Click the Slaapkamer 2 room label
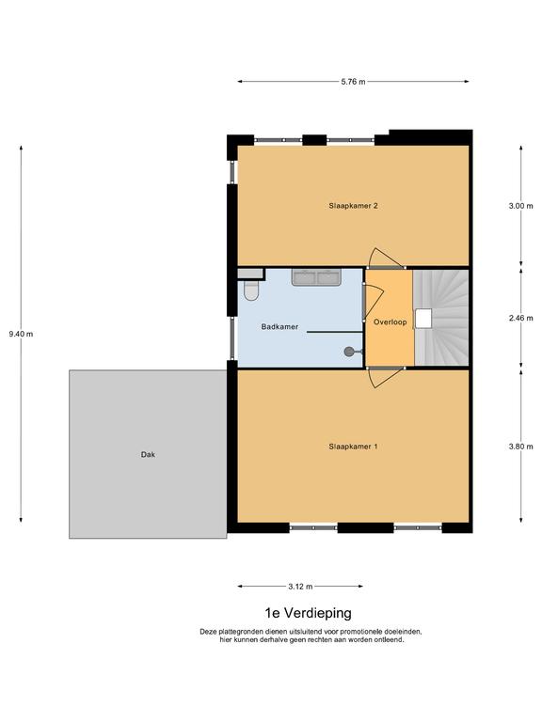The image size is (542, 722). click(x=353, y=206)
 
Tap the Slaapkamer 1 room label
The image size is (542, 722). click(x=353, y=447)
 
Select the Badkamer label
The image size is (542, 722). click(x=279, y=327)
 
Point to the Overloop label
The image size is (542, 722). click(x=390, y=322)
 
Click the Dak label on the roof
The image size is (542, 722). click(x=148, y=454)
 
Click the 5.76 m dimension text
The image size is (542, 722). click(x=353, y=82)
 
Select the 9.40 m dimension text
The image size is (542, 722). click(x=21, y=334)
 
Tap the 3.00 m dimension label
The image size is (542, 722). click(x=520, y=206)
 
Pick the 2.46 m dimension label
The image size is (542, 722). click(x=520, y=318)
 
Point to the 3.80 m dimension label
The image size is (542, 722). click(x=520, y=447)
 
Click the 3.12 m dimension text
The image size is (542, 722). click(x=300, y=587)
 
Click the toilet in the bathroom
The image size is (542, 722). click(x=251, y=290)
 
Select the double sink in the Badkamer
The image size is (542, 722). click(x=316, y=277)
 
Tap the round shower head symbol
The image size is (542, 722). click(x=349, y=352)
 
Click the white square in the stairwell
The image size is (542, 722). click(x=423, y=318)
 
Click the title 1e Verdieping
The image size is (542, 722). click(x=308, y=613)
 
